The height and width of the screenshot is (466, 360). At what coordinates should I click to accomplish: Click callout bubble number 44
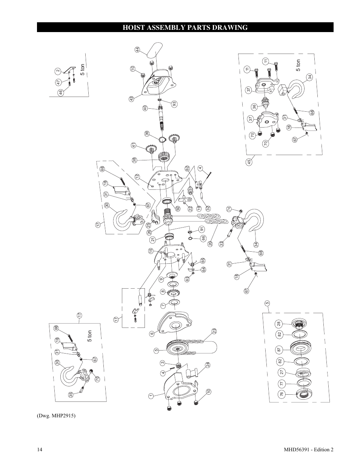click(137, 49)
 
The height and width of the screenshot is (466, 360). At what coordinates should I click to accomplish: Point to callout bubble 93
click(174, 104)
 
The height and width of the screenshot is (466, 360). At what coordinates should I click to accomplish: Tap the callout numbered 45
click(249, 161)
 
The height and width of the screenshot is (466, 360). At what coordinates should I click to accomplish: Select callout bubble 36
click(254, 107)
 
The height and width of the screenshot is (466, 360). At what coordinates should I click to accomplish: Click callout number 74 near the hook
click(229, 209)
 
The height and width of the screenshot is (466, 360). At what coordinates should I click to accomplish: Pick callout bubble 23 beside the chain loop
click(214, 331)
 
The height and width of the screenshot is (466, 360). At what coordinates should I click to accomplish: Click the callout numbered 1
click(150, 396)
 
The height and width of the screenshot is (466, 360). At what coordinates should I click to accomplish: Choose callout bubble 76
click(281, 394)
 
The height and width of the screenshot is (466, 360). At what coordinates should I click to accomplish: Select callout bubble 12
click(137, 177)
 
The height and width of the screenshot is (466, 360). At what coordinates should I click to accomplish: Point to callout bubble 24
click(208, 365)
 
